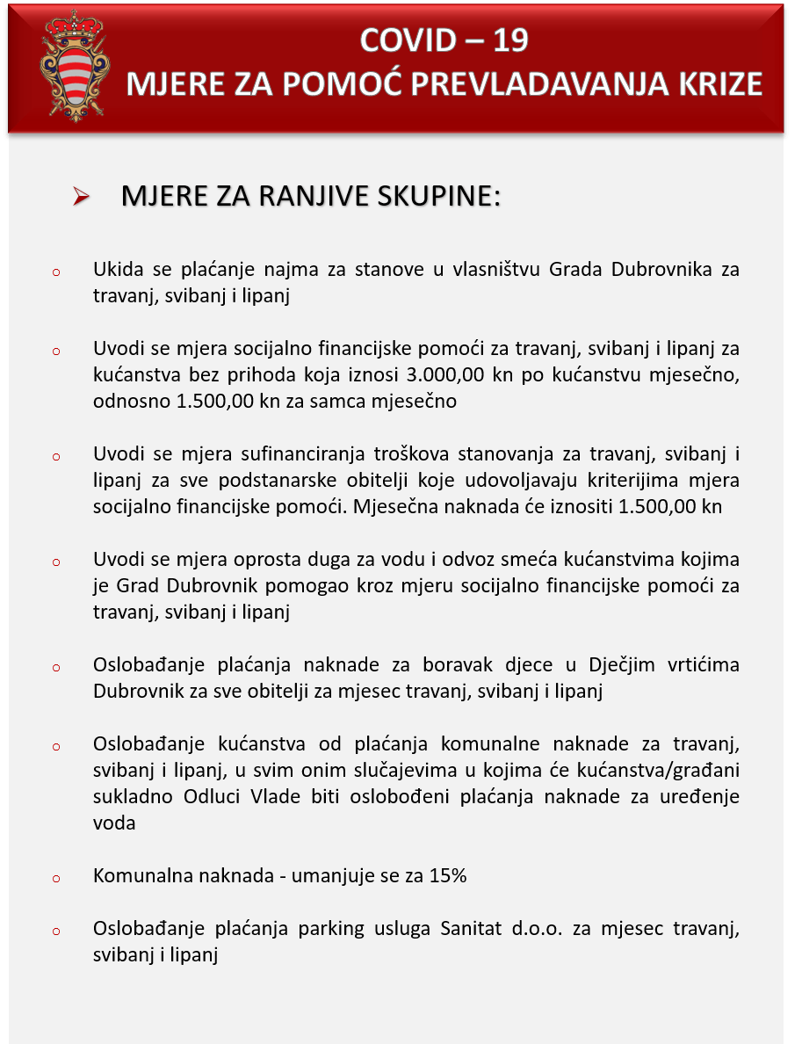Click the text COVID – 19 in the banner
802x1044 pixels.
pos(444,40)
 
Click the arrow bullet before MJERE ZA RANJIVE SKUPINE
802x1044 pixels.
pos(83,198)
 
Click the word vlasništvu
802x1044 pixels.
pos(495,270)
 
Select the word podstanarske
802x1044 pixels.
pos(275,481)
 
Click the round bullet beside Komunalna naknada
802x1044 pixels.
pos(55,878)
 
